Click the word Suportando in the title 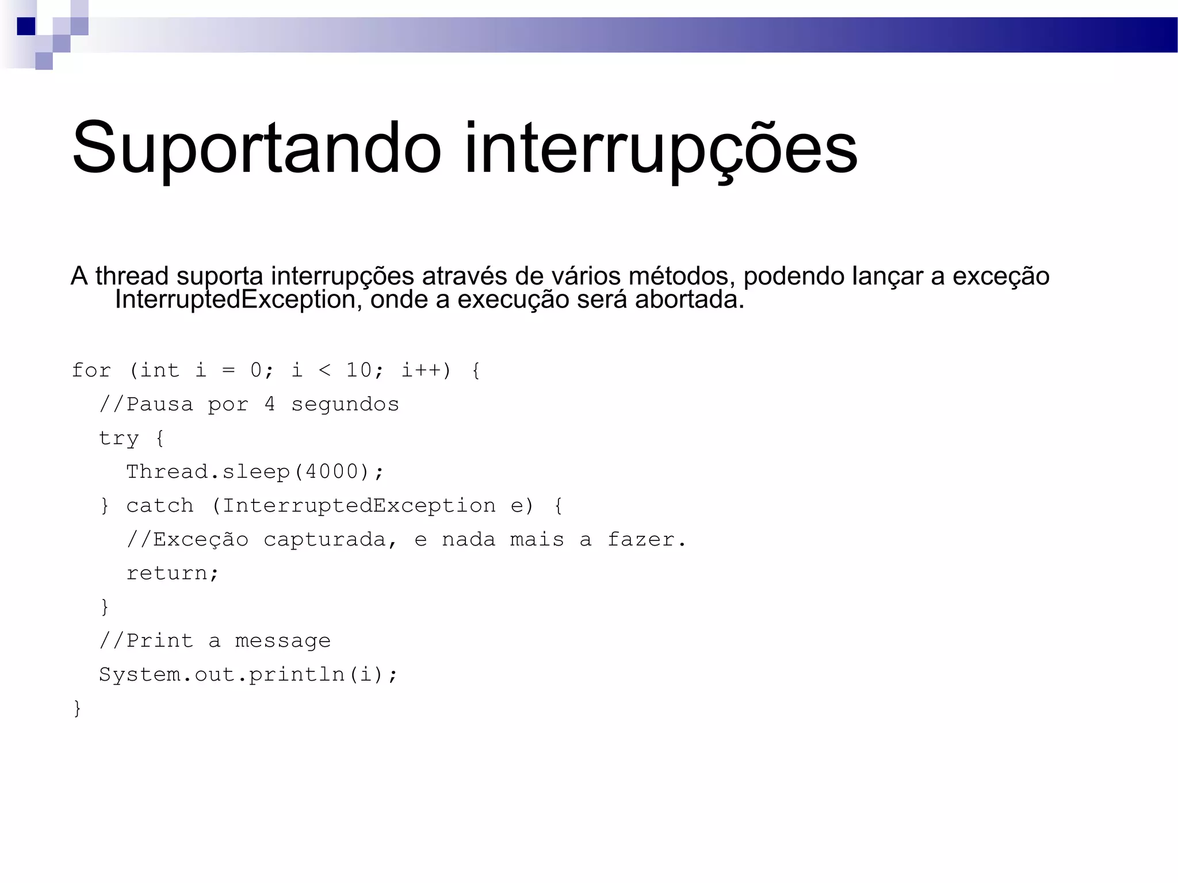click(x=256, y=148)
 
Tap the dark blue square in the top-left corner click(x=26, y=26)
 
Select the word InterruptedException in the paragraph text click(x=235, y=300)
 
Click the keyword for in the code click(x=91, y=370)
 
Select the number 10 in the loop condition click(x=358, y=370)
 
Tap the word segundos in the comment click(x=345, y=404)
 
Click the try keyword click(x=119, y=438)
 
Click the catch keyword click(x=160, y=506)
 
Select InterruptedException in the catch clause click(x=359, y=506)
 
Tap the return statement click(x=172, y=573)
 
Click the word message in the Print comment click(x=282, y=641)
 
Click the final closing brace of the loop click(x=77, y=708)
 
